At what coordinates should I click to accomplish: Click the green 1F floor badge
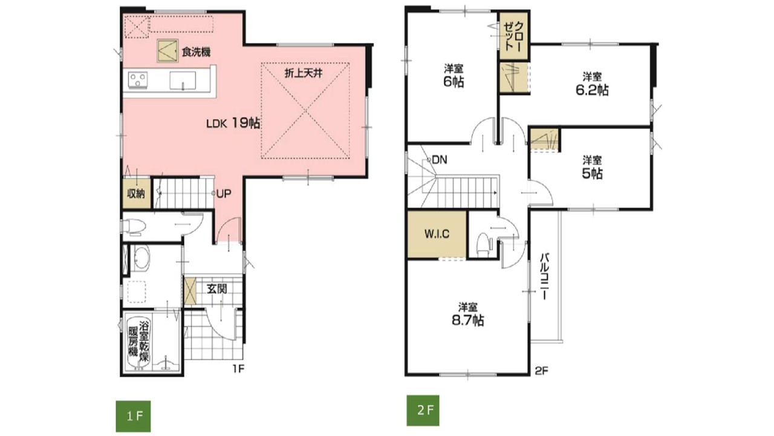point(133,416)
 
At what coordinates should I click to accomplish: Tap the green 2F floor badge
point(423,411)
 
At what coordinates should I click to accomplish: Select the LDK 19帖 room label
point(233,123)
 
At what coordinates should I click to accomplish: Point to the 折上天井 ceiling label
point(304,73)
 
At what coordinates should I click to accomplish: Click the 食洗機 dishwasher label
point(197,52)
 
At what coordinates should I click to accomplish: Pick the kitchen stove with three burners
point(138,80)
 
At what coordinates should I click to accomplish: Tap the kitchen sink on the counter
point(183,81)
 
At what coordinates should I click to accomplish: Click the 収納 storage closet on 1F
point(137,193)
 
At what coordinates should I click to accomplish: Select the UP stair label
point(224,194)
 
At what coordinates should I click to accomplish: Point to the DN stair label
point(439,160)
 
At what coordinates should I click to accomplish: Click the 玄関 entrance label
point(216,289)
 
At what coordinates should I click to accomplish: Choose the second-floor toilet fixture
point(483,245)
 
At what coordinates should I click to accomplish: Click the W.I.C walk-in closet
point(437,234)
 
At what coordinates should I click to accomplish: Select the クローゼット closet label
point(514,36)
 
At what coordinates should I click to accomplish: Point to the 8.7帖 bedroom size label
point(468,321)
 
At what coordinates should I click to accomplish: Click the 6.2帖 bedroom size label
point(592,90)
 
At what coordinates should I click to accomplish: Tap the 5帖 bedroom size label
point(592,173)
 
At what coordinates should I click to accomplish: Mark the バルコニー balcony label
point(545,277)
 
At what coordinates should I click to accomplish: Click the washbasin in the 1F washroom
point(141,258)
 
